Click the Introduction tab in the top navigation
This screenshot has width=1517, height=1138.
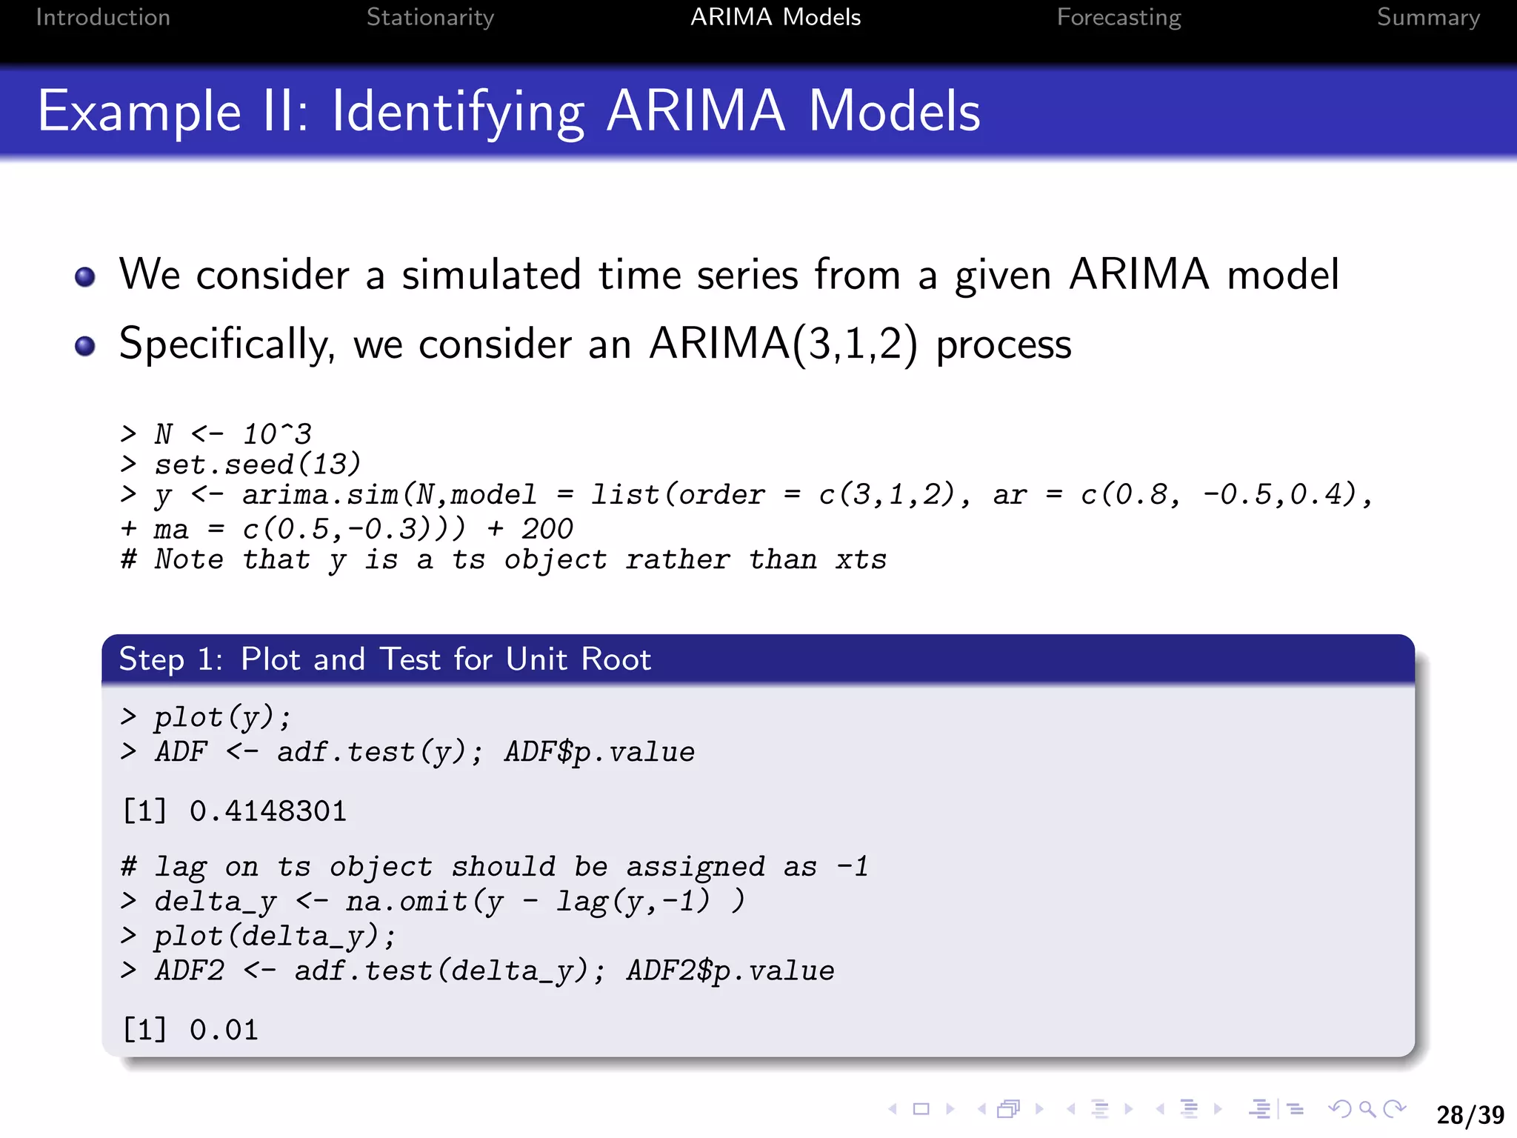pyautogui.click(x=103, y=17)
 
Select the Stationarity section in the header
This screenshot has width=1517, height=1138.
pyautogui.click(x=430, y=17)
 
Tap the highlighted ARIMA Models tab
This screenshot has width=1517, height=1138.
pyautogui.click(x=775, y=17)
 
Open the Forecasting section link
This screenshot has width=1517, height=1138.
pyautogui.click(x=1118, y=17)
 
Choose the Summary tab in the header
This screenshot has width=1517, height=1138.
pyautogui.click(x=1427, y=17)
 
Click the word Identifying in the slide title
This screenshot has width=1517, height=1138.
pyautogui.click(x=458, y=112)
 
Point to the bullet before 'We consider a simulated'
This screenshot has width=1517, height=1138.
pyautogui.click(x=85, y=276)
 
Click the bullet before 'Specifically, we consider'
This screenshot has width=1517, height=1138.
pyautogui.click(x=85, y=345)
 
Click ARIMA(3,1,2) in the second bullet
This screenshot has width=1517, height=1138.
pyautogui.click(x=783, y=345)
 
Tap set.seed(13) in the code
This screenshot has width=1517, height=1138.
pyautogui.click(x=256, y=465)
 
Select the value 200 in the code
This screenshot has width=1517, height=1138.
pyautogui.click(x=547, y=529)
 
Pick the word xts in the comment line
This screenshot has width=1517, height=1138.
pyautogui.click(x=861, y=559)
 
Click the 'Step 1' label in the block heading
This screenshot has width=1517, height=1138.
pyautogui.click(x=170, y=659)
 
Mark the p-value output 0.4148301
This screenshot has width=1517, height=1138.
pyautogui.click(x=267, y=811)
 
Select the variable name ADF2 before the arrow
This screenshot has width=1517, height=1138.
pyautogui.click(x=189, y=971)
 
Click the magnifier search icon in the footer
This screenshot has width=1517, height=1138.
pyautogui.click(x=1367, y=1109)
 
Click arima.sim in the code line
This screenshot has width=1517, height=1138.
pyautogui.click(x=320, y=495)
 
